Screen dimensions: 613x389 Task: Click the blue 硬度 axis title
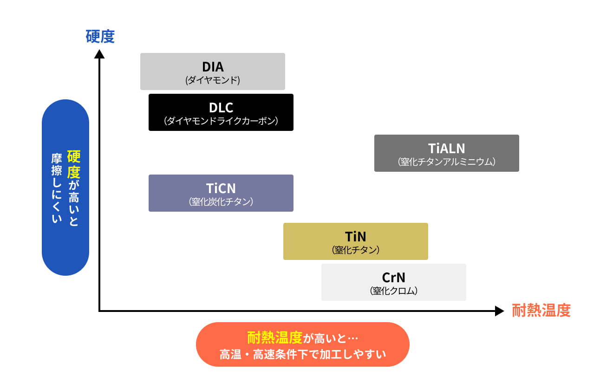coord(100,36)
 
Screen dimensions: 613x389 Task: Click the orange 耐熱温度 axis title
coord(541,311)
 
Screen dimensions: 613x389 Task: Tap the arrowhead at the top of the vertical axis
coord(99,54)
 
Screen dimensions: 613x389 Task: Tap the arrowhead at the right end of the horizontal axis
coord(499,311)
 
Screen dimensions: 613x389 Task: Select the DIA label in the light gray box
coord(213,67)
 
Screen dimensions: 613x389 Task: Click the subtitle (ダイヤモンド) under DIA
coord(213,80)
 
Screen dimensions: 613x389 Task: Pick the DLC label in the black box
coord(221,108)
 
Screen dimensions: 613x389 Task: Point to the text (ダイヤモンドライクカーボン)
coord(221,121)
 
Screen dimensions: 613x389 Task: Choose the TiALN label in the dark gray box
coord(447,149)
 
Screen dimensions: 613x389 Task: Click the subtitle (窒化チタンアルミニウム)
coord(447,162)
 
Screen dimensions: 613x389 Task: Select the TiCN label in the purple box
coord(221,188)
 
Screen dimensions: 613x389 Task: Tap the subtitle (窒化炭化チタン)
coord(221,202)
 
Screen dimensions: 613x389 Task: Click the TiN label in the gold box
coord(355,237)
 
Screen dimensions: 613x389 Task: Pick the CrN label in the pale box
coord(393,278)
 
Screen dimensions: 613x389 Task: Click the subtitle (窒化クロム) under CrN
coord(393,291)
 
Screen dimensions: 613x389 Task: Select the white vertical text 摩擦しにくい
coord(57,188)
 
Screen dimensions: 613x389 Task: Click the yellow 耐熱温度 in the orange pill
coord(275,337)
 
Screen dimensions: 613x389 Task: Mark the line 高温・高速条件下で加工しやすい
coord(303,355)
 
